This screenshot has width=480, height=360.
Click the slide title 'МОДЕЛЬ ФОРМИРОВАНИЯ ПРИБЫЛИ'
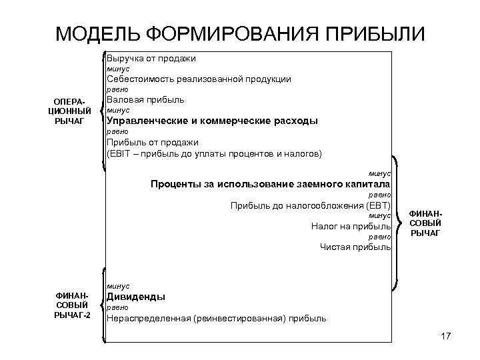click(x=239, y=33)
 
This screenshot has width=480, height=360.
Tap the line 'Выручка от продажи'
click(x=151, y=59)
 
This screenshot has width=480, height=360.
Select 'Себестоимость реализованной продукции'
click(x=199, y=79)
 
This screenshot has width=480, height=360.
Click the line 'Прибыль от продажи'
click(x=152, y=142)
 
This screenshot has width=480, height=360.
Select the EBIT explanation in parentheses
click(x=213, y=153)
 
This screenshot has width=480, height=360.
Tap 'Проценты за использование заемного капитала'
click(x=271, y=184)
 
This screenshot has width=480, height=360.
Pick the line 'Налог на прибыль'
click(x=351, y=227)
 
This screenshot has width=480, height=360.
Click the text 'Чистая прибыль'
click(x=355, y=248)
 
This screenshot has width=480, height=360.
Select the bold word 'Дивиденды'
click(x=136, y=297)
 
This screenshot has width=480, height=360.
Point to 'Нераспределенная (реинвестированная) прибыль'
click(x=216, y=319)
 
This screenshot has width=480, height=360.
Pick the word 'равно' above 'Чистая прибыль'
click(x=380, y=237)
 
